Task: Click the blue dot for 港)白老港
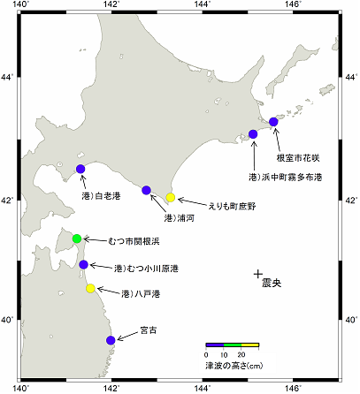(80, 169)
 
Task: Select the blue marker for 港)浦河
(147, 190)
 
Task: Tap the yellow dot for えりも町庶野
(171, 198)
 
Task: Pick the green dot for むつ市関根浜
(77, 239)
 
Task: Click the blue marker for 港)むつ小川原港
(83, 264)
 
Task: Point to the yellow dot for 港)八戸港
(90, 289)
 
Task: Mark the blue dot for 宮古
(111, 340)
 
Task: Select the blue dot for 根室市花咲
(273, 121)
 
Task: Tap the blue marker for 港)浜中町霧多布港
(253, 134)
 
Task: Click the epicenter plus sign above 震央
(257, 274)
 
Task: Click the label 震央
(272, 284)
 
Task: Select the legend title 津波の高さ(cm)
(233, 365)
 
